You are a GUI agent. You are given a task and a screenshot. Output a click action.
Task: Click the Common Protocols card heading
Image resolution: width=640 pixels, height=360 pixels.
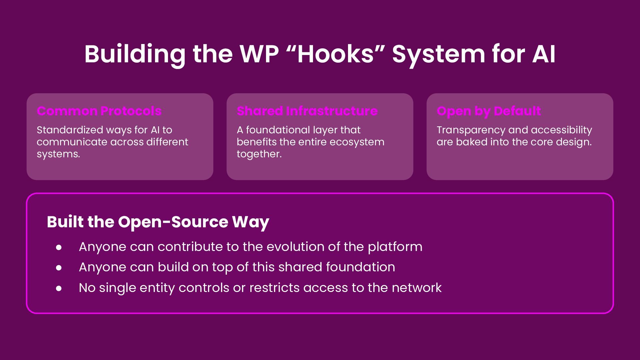pyautogui.click(x=99, y=111)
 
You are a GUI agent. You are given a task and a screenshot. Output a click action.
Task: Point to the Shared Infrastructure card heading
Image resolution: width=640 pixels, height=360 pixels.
pyautogui.click(x=307, y=111)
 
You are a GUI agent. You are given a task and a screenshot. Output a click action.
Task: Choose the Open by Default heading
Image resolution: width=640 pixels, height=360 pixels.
pyautogui.click(x=489, y=111)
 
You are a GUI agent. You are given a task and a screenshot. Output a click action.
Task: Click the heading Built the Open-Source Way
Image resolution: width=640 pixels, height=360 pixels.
pyautogui.click(x=158, y=222)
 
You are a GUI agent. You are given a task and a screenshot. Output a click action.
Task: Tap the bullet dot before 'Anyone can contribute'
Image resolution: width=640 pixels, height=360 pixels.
pyautogui.click(x=59, y=247)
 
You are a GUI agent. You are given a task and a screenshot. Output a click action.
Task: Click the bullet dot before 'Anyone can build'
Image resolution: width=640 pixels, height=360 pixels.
pyautogui.click(x=59, y=268)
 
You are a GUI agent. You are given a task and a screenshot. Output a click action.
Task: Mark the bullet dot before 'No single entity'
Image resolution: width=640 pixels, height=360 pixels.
pyautogui.click(x=59, y=288)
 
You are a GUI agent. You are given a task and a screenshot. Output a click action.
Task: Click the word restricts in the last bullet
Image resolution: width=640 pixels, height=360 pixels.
pyautogui.click(x=274, y=288)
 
